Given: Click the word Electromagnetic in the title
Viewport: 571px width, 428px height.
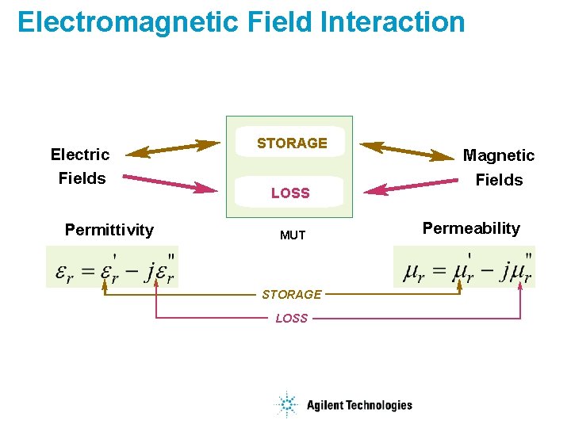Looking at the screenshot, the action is click(127, 22).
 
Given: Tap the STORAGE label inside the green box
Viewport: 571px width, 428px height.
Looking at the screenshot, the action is click(292, 143).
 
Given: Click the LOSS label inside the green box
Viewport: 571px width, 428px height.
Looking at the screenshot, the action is click(290, 193).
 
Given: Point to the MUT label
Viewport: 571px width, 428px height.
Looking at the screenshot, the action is click(292, 235).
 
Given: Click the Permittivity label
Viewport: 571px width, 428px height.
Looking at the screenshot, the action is click(109, 231).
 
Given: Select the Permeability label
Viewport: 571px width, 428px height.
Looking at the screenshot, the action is click(471, 229).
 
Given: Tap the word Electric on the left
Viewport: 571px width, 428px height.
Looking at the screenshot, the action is click(80, 155).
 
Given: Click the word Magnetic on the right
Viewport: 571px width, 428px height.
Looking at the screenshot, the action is click(499, 155).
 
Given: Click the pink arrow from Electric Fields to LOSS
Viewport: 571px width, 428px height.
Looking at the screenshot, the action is click(170, 183).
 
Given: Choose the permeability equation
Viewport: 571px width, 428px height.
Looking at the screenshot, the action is click(465, 268).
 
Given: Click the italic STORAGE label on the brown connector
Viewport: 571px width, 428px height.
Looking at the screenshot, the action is click(292, 295).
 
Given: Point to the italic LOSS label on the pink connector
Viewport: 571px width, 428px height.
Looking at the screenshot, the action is click(291, 319).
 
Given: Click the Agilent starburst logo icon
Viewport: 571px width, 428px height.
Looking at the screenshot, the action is click(285, 405).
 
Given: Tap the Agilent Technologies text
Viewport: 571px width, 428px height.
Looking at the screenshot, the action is click(359, 406).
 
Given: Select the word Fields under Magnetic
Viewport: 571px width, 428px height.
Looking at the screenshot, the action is click(499, 180).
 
